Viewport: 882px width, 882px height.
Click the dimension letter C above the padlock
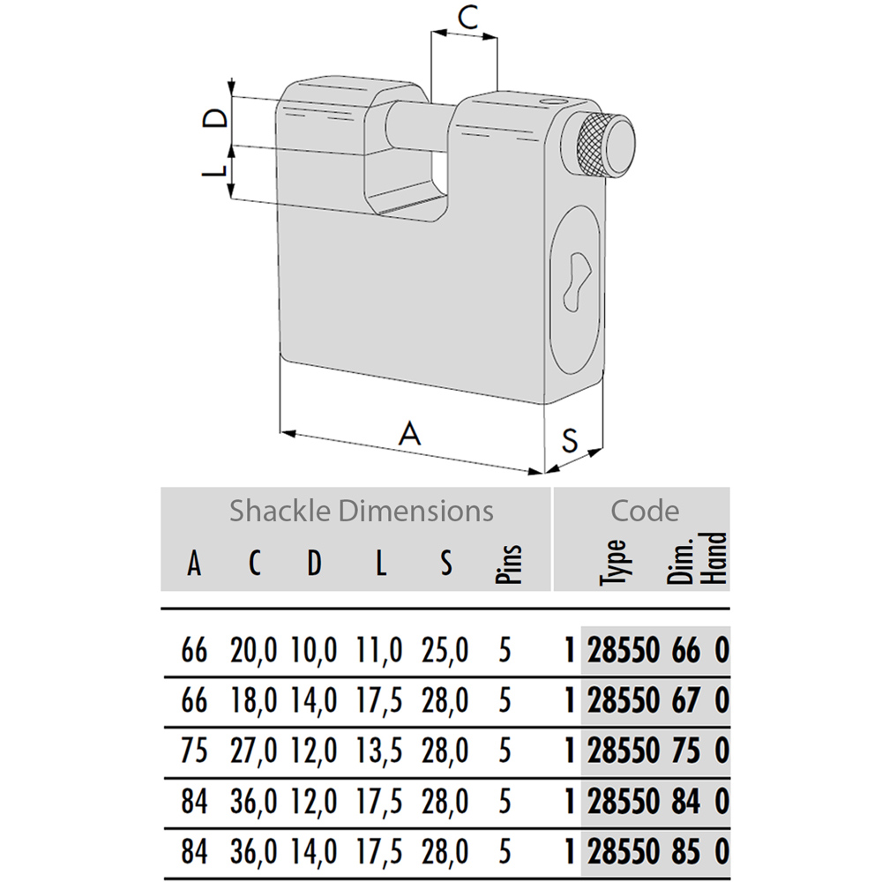point(467,18)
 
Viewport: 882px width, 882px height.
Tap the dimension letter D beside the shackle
point(215,117)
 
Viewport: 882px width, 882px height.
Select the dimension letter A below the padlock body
point(409,434)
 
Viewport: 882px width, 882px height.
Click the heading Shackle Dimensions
point(361,512)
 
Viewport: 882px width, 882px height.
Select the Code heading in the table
point(645,512)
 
